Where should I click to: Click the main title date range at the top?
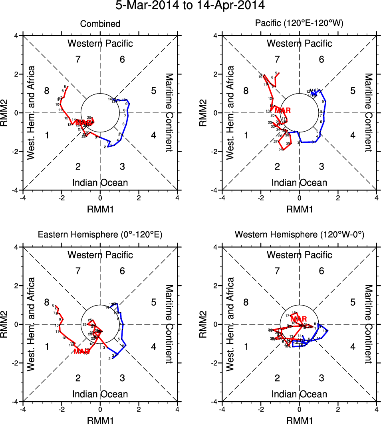coord(190,6)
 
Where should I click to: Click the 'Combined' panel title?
coord(100,24)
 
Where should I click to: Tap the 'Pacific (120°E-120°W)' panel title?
coord(299,24)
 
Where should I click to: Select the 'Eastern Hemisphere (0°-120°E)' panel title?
coord(100,235)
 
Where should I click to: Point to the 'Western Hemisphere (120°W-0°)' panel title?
coord(299,235)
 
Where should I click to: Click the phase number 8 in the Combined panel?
coord(47,91)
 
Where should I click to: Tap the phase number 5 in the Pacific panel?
coord(353,91)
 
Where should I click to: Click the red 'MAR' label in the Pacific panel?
coord(282,110)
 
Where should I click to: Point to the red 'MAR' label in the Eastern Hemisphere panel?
coord(81,351)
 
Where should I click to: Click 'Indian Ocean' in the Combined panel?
coord(100,183)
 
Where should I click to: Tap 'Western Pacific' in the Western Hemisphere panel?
coord(299,255)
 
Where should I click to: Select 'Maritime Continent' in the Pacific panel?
coord(369,112)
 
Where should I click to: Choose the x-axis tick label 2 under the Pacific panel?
coord(338,198)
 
